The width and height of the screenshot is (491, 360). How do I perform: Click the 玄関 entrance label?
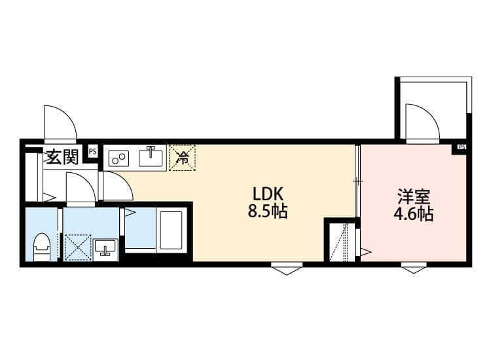[x=62, y=157]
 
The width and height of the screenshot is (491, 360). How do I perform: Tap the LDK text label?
[x=268, y=194]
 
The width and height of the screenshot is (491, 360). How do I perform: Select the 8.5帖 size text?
[x=268, y=212]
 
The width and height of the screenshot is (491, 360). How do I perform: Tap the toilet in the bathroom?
[x=42, y=247]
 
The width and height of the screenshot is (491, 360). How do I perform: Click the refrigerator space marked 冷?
[x=183, y=158]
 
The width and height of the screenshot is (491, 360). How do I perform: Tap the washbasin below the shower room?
[x=105, y=248]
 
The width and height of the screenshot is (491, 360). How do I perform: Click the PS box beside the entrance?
[x=93, y=152]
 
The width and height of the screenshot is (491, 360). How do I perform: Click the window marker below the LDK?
[x=287, y=268]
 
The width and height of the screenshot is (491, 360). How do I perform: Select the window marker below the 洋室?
[x=414, y=268]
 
